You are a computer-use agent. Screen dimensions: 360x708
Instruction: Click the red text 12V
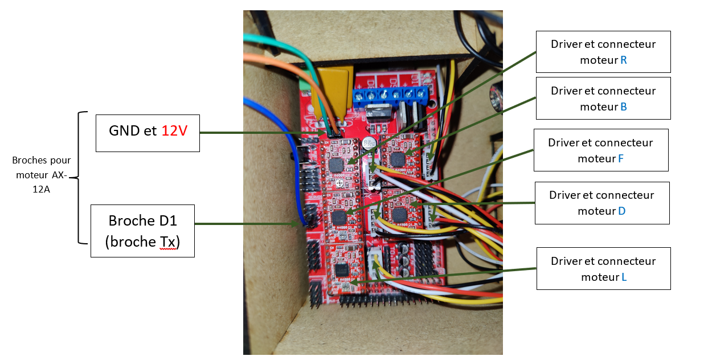(x=174, y=130)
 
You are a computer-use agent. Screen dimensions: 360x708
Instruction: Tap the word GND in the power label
(x=125, y=130)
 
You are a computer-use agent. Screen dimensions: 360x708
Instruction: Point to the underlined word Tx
(x=166, y=242)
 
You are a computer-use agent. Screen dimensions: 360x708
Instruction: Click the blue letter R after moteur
(x=624, y=60)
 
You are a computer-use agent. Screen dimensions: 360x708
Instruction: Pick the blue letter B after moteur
(x=624, y=107)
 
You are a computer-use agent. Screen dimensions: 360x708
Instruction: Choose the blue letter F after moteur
(x=621, y=159)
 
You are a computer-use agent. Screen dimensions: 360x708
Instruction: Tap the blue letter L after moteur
(x=624, y=277)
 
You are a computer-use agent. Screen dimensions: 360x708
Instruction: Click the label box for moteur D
(x=601, y=203)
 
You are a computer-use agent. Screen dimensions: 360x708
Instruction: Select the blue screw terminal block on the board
(x=391, y=96)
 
